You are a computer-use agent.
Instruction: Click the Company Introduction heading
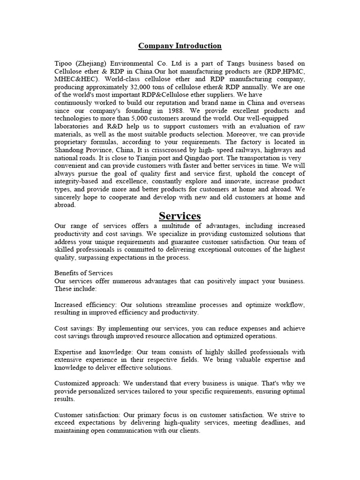(180, 46)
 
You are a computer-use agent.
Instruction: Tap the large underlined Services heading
(180, 216)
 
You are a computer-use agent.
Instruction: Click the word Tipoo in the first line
(64, 63)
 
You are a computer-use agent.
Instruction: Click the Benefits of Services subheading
(84, 273)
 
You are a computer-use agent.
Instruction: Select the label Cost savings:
(75, 328)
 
